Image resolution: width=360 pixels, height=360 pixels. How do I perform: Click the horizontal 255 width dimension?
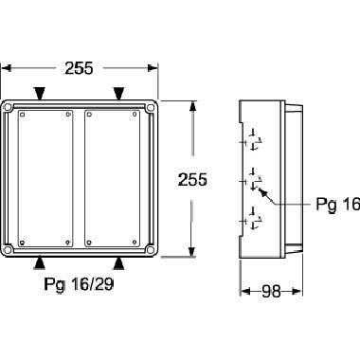pos(79,68)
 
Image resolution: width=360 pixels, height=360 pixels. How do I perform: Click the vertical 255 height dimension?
pos(192,179)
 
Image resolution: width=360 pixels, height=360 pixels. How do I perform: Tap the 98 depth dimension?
pos(271,292)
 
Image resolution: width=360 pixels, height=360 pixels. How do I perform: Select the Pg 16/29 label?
pos(79,284)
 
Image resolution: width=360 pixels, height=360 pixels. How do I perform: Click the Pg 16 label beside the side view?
pos(338,205)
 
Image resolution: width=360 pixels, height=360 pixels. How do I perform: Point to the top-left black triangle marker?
pos(40,94)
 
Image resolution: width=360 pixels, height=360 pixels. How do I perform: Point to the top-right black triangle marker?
pos(118,94)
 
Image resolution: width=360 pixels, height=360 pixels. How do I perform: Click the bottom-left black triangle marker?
pos(39,263)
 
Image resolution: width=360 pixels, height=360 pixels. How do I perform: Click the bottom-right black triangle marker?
pos(118,263)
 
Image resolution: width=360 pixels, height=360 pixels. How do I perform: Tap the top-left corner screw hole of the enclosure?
pos(8,107)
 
